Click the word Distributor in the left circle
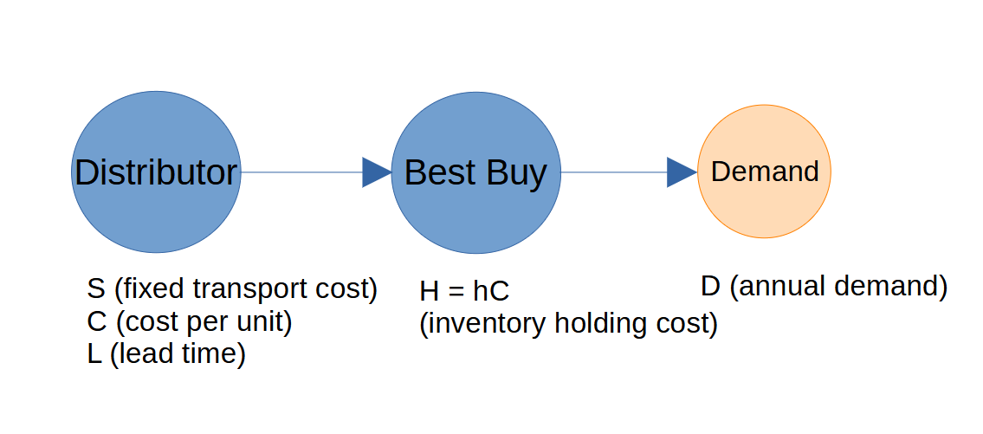click(x=156, y=172)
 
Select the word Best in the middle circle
click(x=434, y=172)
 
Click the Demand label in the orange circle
click(x=764, y=172)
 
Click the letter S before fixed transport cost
click(x=96, y=288)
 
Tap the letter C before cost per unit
click(x=97, y=322)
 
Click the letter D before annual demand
click(x=710, y=286)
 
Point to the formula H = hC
click(x=464, y=291)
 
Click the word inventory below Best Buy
click(x=486, y=324)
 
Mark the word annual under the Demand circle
click(x=783, y=287)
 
